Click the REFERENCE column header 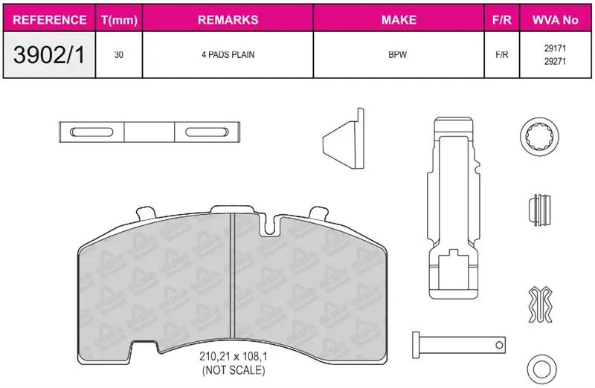coord(49,20)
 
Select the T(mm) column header coord(119,20)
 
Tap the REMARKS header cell coord(228,20)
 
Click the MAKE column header coord(399,20)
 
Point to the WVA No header coord(555,20)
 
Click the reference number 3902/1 coord(49,54)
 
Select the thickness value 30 coord(119,55)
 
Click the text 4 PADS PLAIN coord(228,55)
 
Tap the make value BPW coord(398,55)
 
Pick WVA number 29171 coord(555,48)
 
